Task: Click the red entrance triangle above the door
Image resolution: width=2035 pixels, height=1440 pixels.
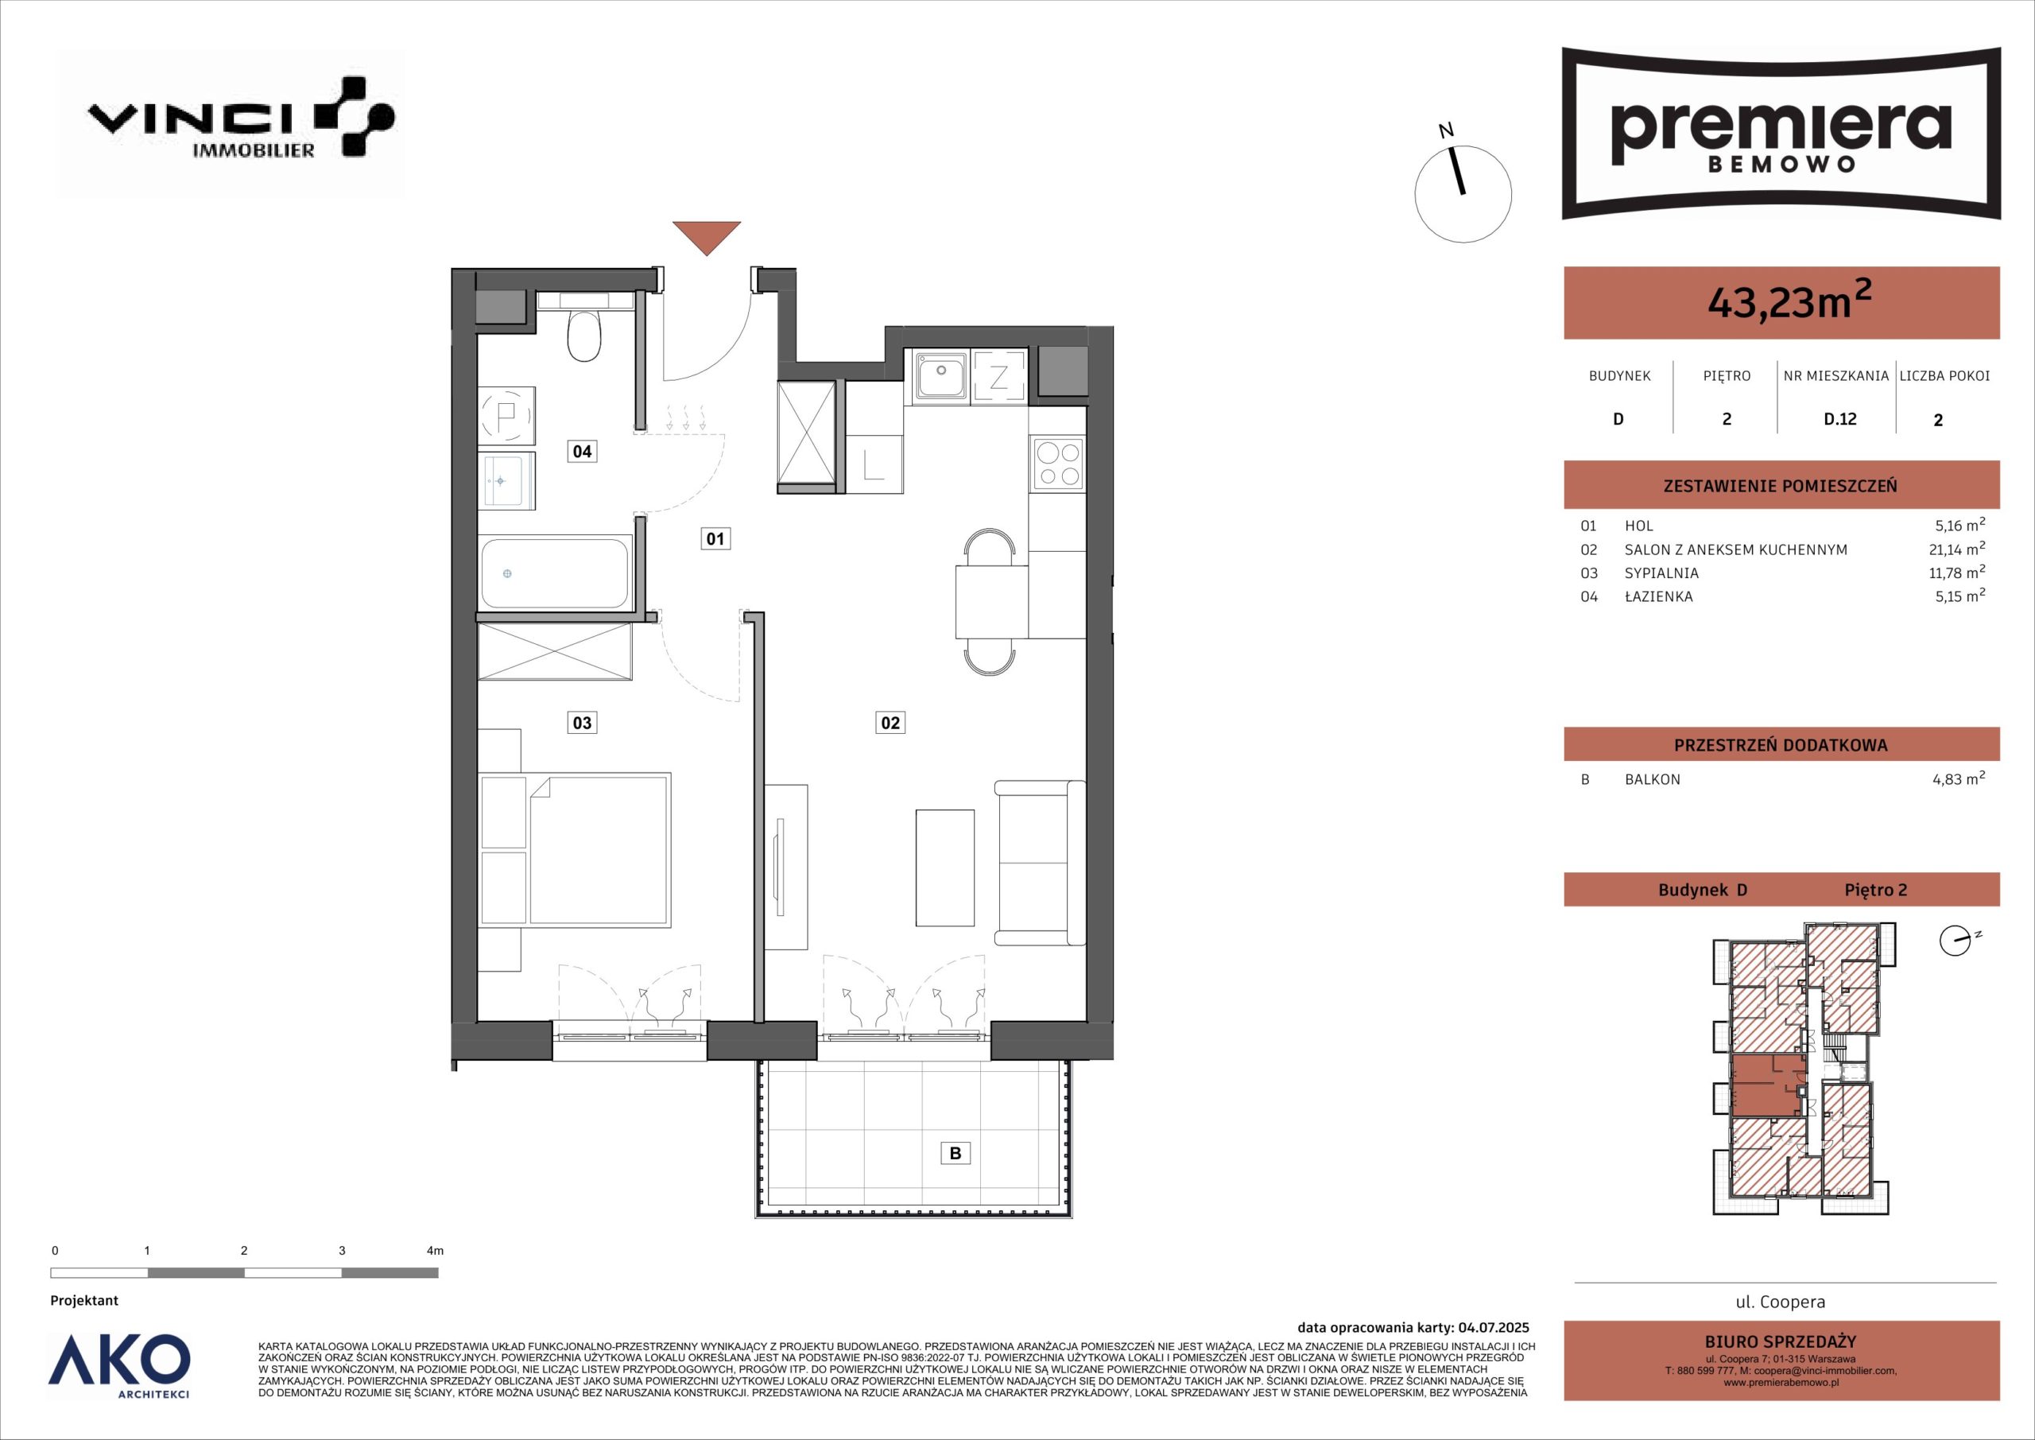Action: click(x=706, y=236)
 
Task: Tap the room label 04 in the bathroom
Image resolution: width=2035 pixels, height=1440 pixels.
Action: click(x=581, y=452)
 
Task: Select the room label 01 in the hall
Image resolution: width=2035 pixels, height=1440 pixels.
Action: click(x=715, y=538)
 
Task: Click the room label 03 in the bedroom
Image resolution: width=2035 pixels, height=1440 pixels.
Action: click(x=581, y=723)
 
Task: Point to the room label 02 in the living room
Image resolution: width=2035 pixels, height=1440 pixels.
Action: click(x=890, y=723)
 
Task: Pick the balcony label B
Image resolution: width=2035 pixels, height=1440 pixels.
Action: click(x=955, y=1153)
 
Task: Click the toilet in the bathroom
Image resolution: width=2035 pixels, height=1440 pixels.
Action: click(x=584, y=334)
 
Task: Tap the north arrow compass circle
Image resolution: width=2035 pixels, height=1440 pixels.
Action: click(x=1463, y=194)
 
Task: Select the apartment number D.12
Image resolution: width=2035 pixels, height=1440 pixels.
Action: click(x=1839, y=419)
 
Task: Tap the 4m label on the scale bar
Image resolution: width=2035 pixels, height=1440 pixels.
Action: click(x=434, y=1251)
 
